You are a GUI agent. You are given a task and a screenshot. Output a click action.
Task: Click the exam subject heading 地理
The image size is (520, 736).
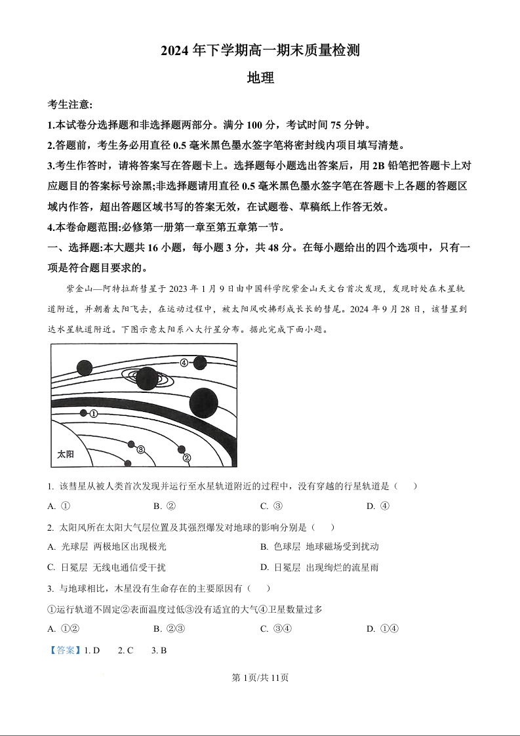(x=260, y=77)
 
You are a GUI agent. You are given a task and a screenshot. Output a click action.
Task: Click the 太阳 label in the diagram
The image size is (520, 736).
(x=66, y=454)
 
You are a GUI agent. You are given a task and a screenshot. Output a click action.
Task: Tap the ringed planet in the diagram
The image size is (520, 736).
(x=147, y=378)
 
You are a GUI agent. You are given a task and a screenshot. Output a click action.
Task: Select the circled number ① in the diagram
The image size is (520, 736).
(x=94, y=414)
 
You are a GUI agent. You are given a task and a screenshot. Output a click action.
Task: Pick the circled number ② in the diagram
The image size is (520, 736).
(x=186, y=458)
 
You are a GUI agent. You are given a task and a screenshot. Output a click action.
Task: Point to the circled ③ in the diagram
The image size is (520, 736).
(x=140, y=449)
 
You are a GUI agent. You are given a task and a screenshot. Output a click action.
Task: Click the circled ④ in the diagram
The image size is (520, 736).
(x=184, y=362)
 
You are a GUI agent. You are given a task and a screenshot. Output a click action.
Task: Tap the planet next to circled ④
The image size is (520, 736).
(x=200, y=362)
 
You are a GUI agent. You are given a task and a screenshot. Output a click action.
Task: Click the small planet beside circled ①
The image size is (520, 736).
(x=83, y=413)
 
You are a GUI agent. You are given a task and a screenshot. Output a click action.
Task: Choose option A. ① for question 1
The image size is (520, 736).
(x=59, y=506)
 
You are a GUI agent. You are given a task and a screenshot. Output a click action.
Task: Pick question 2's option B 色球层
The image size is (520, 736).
(x=319, y=546)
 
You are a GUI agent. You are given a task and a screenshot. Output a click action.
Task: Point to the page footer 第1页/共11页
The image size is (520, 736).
(x=260, y=678)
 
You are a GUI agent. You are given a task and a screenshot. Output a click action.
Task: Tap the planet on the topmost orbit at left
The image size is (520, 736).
(x=83, y=367)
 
